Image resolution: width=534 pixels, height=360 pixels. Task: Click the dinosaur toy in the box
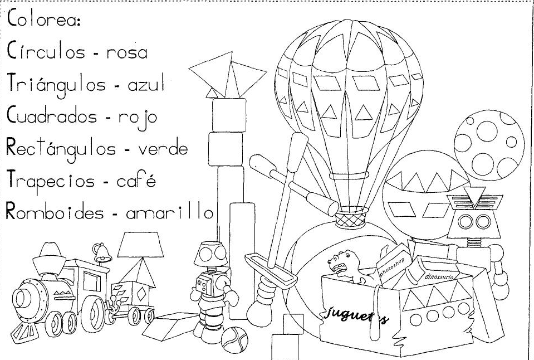pyautogui.click(x=344, y=266)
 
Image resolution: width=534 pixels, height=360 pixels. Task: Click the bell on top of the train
pyautogui.click(x=101, y=254)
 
